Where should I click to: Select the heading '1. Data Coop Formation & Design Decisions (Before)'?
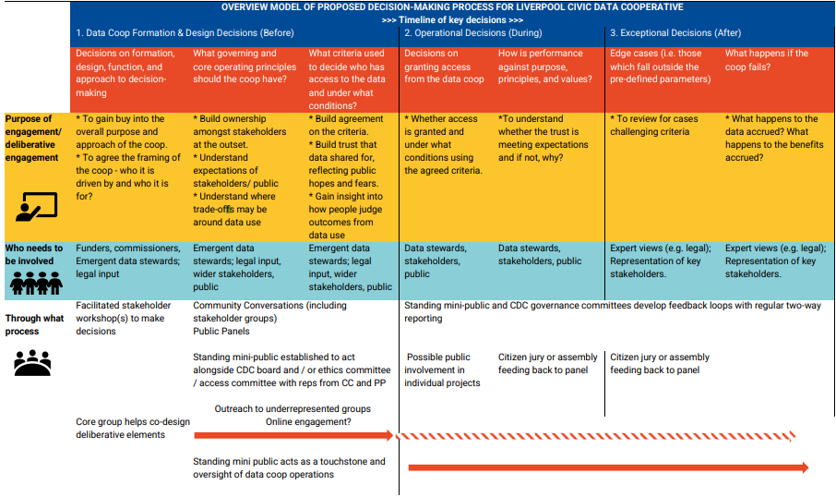pyautogui.click(x=185, y=33)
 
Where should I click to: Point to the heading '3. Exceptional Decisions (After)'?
pyautogui.click(x=675, y=33)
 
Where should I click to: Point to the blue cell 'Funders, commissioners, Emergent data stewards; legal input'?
pyautogui.click(x=128, y=261)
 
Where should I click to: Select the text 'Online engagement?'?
pyautogui.click(x=308, y=422)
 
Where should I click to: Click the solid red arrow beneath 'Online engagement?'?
pyautogui.click(x=293, y=436)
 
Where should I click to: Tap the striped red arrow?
pyautogui.click(x=600, y=436)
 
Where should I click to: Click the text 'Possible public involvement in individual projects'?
pyautogui.click(x=443, y=370)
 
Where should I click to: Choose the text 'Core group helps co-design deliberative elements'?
pyautogui.click(x=133, y=428)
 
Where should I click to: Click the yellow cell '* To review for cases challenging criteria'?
pyautogui.click(x=656, y=126)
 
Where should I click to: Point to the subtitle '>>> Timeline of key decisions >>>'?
pyautogui.click(x=452, y=19)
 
